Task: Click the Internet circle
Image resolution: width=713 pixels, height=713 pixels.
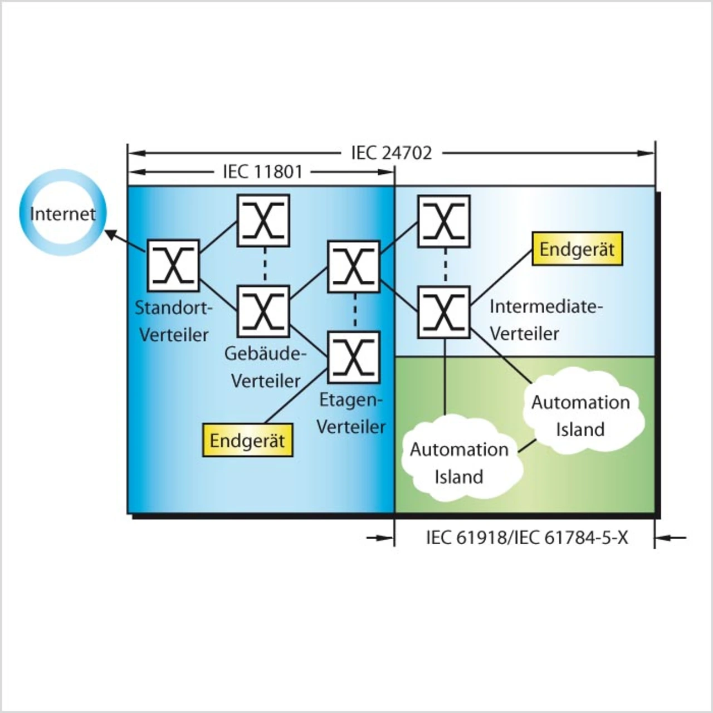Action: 62,213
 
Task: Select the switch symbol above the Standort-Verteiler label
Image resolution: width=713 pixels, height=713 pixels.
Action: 173,266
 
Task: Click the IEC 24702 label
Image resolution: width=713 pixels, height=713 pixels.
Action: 391,153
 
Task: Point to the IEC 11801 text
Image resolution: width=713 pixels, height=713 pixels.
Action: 262,172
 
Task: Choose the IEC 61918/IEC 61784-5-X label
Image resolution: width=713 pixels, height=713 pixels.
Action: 526,538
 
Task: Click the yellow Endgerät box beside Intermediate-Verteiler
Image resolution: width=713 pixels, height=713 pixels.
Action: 577,249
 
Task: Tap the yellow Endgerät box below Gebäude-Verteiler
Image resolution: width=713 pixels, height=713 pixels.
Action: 247,441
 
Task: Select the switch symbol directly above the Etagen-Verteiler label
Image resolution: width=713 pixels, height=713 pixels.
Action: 354,357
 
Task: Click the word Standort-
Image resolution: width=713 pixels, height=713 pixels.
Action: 174,307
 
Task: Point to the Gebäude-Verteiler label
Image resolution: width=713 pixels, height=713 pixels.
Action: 266,367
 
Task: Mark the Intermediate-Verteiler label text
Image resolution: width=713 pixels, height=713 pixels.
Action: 546,320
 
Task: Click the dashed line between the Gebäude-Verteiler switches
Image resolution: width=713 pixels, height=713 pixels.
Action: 265,266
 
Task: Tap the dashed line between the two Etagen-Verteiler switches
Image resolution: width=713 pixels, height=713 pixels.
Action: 354,312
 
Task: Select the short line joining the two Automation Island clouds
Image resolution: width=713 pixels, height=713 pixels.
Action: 528,445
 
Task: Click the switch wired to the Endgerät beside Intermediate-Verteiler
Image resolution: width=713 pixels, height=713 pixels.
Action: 444,312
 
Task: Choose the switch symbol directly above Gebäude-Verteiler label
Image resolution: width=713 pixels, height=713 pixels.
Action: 263,311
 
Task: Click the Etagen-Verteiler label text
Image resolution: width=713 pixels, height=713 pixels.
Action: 351,413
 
